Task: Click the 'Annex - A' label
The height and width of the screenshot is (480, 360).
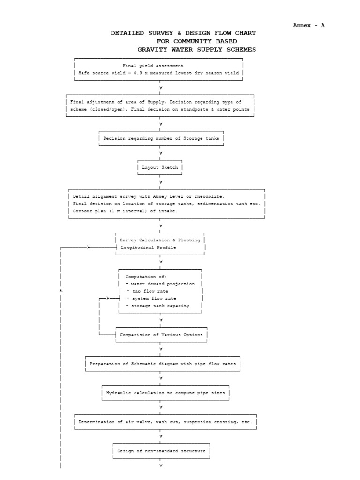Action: [x=308, y=25]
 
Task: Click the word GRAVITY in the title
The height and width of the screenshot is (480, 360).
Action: [x=150, y=49]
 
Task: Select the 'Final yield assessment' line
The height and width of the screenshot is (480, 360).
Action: [x=153, y=66]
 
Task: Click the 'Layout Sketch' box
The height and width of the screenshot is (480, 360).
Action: [x=160, y=167]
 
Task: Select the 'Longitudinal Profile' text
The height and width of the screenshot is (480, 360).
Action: [x=148, y=247]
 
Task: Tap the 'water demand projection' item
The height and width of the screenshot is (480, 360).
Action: [x=162, y=284]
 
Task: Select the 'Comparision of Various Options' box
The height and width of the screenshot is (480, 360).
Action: [x=161, y=335]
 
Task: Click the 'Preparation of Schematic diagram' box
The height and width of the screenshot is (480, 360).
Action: [x=163, y=364]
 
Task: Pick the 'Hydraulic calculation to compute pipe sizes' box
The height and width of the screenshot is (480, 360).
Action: [x=165, y=393]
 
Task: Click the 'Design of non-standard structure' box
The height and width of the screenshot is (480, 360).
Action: [x=161, y=451]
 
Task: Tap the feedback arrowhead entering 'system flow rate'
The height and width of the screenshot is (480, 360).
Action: [x=108, y=298]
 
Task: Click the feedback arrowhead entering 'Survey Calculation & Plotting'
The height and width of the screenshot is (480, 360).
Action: [x=89, y=247]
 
